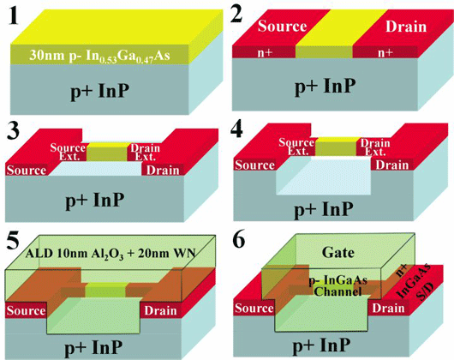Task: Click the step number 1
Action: tap(13, 17)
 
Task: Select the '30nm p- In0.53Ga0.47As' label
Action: tap(99, 56)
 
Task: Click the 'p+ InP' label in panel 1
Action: tap(100, 91)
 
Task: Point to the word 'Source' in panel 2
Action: tap(283, 26)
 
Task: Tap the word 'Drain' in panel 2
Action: tap(406, 27)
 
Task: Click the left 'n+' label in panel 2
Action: tap(265, 52)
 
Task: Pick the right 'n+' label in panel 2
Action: tap(385, 52)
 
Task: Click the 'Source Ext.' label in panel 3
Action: tap(68, 152)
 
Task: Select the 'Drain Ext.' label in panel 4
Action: tap(375, 147)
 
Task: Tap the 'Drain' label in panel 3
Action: tap(163, 171)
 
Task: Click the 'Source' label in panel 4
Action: tap(254, 165)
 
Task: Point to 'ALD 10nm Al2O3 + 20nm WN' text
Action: tap(111, 254)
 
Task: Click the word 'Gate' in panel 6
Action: tap(338, 253)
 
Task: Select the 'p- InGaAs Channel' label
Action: tap(338, 285)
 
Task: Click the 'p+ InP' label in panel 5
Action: tap(93, 347)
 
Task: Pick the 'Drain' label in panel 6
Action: tap(388, 309)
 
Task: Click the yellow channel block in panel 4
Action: tap(336, 147)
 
